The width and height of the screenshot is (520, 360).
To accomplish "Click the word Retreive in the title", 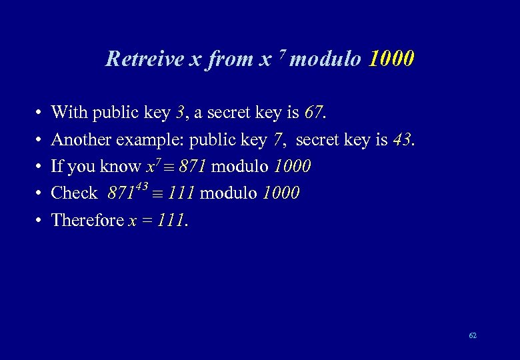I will tap(145, 59).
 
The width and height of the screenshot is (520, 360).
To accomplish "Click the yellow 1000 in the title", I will tap(391, 59).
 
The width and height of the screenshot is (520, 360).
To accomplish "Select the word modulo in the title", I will tap(326, 59).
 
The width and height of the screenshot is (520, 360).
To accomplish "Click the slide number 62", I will tap(473, 335).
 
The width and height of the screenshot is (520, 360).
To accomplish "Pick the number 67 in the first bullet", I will tap(313, 113).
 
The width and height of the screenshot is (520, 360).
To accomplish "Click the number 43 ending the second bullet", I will tap(402, 139).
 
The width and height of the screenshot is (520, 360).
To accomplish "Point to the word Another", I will tap(81, 139).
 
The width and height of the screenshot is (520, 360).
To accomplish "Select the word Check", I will tap(74, 193).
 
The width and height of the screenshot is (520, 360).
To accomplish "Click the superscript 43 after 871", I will tap(142, 186).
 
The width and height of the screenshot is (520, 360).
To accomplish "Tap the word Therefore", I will tap(87, 219).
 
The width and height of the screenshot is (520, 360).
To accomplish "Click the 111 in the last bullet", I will tap(171, 219).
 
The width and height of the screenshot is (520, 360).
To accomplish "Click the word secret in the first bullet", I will tap(231, 113).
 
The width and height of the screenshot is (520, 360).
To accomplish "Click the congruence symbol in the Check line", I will tap(157, 193).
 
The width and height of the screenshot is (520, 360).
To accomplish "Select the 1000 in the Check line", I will tap(281, 193).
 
